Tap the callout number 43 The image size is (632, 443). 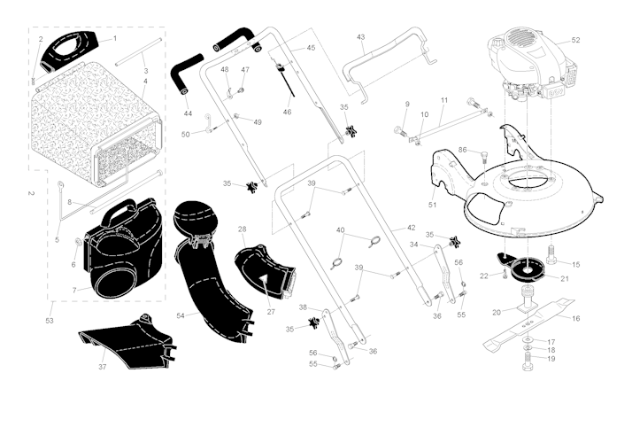pyautogui.click(x=361, y=37)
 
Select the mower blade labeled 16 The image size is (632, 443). pyautogui.click(x=528, y=326)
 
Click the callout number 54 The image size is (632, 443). pyautogui.click(x=181, y=315)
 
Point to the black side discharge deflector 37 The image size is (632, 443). pyautogui.click(x=129, y=343)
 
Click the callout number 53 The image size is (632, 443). pyautogui.click(x=50, y=321)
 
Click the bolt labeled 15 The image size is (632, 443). pyautogui.click(x=551, y=255)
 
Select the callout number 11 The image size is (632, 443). pyautogui.click(x=444, y=100)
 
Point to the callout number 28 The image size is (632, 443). pyautogui.click(x=242, y=229)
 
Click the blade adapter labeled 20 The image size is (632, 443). pyautogui.click(x=526, y=299)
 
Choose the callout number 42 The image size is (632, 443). pyautogui.click(x=411, y=228)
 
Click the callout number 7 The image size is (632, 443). pyautogui.click(x=74, y=291)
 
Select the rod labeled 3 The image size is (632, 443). pyautogui.click(x=139, y=52)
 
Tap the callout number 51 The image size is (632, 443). pyautogui.click(x=432, y=205)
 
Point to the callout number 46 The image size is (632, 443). pyautogui.click(x=287, y=112)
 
